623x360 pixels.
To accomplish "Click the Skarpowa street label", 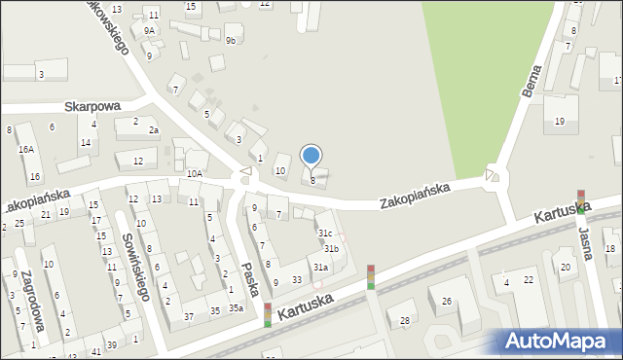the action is click(92, 106).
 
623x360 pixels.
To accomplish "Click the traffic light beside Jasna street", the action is click(581, 200).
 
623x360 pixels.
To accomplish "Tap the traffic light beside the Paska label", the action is click(268, 315).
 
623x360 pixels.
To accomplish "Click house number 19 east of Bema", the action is click(559, 121).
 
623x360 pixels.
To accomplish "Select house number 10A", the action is click(195, 173).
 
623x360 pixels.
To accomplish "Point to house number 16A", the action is click(25, 149).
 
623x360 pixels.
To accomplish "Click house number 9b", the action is click(231, 40).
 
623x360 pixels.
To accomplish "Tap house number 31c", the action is click(325, 234).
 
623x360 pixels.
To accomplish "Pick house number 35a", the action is click(236, 308).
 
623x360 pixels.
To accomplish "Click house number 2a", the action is click(153, 129).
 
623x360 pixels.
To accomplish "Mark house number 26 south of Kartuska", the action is click(446, 301).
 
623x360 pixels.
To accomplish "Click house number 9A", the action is click(149, 30).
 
